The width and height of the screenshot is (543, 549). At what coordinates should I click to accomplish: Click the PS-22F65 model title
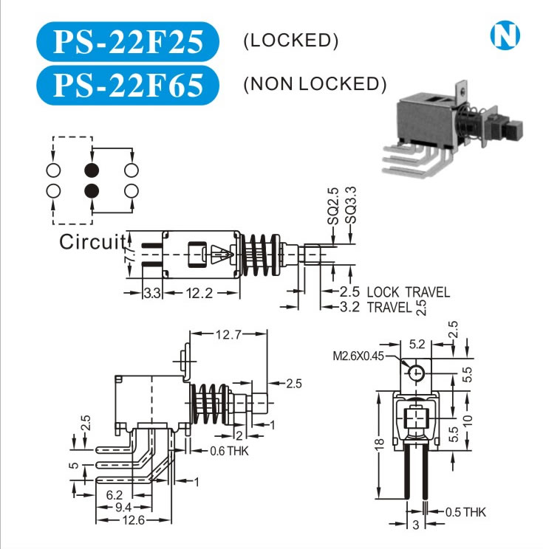(x=126, y=83)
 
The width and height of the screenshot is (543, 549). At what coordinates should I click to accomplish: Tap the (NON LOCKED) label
(x=315, y=84)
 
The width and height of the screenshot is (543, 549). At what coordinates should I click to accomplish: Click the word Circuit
(x=92, y=241)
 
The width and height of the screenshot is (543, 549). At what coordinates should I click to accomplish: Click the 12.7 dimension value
(x=228, y=335)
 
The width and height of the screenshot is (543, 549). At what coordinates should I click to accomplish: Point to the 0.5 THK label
(x=466, y=512)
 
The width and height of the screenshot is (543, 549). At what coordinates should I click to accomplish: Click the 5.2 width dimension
(x=417, y=344)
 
